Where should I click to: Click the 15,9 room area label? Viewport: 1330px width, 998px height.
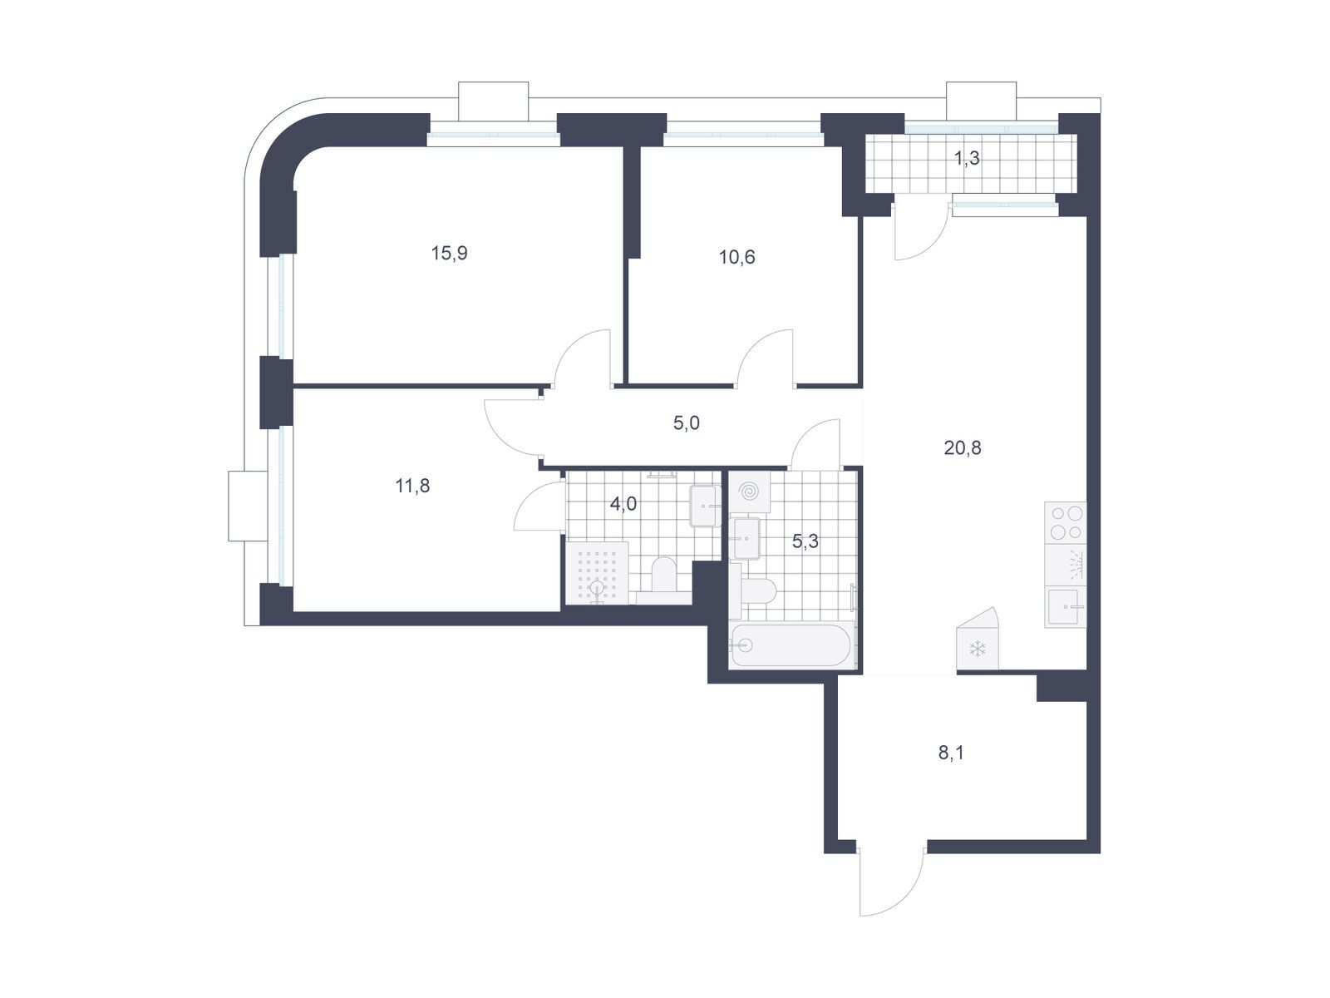tap(449, 253)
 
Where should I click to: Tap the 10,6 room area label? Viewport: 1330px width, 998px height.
tap(736, 257)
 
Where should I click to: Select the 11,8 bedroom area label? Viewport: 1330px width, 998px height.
tap(412, 486)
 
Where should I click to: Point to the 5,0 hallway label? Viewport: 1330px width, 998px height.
tap(686, 423)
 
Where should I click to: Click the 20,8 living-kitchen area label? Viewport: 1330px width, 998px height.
tap(963, 447)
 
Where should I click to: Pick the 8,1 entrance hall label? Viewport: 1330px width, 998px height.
tap(951, 753)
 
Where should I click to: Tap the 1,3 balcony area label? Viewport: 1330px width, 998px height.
tap(967, 158)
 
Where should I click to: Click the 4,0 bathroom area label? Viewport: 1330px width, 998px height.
tap(623, 503)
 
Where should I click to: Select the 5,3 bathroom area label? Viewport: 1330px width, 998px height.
tap(805, 541)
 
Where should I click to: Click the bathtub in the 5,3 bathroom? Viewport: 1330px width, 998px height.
tap(792, 645)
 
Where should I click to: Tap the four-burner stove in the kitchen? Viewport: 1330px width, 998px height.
tap(1066, 522)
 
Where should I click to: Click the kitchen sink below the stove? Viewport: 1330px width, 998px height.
tap(1065, 606)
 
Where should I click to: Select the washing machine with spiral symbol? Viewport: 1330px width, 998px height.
tap(750, 492)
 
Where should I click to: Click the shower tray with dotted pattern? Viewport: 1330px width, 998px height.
tap(597, 573)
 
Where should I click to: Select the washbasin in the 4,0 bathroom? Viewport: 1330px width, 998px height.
tap(705, 506)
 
